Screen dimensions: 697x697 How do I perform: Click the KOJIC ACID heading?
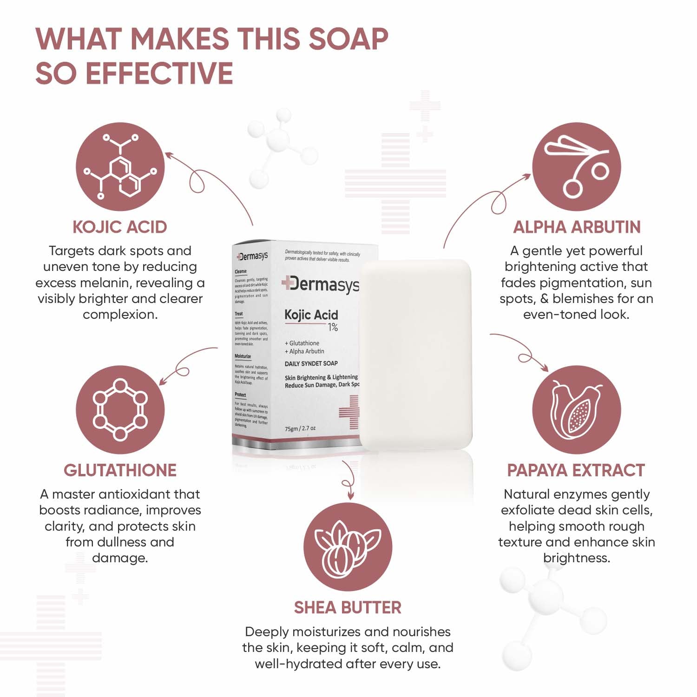click(119, 227)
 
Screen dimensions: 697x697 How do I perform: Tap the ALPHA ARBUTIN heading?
click(577, 227)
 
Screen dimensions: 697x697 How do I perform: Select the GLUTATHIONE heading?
click(120, 470)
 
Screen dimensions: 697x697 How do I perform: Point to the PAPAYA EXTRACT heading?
click(576, 470)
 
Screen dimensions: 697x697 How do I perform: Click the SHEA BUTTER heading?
click(348, 608)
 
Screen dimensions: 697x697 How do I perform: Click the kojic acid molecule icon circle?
click(120, 167)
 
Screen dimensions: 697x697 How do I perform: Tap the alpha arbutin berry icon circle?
click(576, 167)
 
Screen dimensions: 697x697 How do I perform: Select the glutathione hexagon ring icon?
click(120, 410)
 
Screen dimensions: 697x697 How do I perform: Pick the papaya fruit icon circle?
click(576, 410)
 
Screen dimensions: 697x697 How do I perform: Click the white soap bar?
click(416, 355)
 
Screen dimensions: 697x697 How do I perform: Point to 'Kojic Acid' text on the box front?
click(311, 315)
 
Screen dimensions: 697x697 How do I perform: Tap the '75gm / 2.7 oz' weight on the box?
click(300, 428)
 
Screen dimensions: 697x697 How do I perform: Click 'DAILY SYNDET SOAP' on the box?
click(311, 363)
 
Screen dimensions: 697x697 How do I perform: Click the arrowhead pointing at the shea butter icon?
click(350, 495)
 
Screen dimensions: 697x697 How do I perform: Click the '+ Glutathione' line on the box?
click(302, 343)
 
